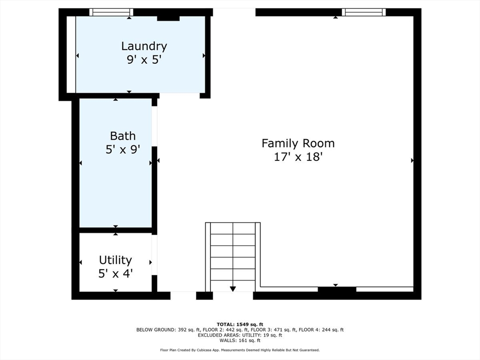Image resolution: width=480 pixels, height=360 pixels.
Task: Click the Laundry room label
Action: click(x=144, y=46)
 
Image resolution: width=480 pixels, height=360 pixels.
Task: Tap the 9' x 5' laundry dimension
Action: click(x=144, y=60)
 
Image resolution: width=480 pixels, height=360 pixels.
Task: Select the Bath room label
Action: click(x=123, y=135)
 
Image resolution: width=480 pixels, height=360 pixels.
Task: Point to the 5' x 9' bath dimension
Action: click(x=123, y=150)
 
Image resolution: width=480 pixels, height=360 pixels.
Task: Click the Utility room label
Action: click(x=115, y=260)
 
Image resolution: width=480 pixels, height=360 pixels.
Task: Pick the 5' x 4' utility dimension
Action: click(x=115, y=273)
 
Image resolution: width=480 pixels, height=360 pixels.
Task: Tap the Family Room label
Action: click(x=298, y=143)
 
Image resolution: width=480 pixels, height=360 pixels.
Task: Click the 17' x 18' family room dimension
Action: click(x=298, y=157)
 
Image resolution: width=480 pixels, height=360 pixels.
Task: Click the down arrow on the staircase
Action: click(x=232, y=289)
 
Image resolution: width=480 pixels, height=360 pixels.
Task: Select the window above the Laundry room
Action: click(x=111, y=12)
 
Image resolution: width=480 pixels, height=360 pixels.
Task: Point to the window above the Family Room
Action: click(x=364, y=12)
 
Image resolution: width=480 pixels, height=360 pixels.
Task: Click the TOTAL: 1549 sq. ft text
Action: click(x=240, y=324)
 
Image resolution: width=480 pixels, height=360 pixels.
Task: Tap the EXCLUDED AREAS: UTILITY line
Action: click(x=240, y=335)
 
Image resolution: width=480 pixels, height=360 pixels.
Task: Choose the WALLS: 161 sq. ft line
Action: click(x=240, y=340)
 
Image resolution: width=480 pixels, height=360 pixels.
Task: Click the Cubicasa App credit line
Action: click(x=240, y=350)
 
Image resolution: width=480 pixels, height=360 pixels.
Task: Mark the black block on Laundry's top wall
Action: click(x=168, y=18)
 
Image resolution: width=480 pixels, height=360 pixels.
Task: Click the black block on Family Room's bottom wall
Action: click(x=337, y=290)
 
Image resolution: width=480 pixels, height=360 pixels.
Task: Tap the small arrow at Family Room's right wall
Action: click(x=412, y=160)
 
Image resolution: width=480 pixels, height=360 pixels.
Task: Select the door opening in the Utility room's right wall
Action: click(x=154, y=255)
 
